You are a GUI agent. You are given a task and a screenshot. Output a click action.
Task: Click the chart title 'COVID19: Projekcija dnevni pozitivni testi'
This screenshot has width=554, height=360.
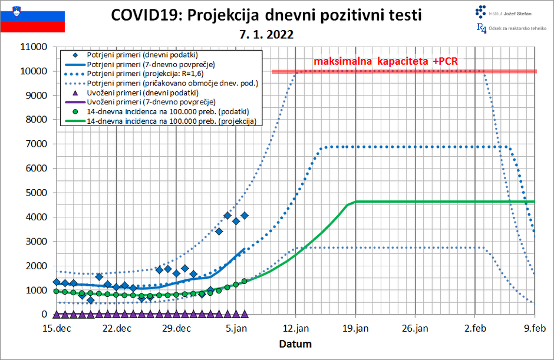click(266, 15)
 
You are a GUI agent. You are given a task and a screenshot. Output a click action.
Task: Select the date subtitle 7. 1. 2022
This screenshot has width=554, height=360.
click(266, 35)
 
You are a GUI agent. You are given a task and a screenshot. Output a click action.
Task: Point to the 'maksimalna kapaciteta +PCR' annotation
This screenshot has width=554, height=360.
click(385, 61)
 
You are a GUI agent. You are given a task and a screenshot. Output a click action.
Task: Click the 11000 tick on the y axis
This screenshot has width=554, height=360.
click(34, 47)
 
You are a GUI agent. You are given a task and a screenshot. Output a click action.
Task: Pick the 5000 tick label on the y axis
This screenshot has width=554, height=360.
click(36, 193)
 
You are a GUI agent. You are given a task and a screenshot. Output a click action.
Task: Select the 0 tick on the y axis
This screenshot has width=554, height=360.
click(44, 315)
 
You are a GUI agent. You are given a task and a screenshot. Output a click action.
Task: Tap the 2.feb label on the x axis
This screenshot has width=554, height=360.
click(475, 329)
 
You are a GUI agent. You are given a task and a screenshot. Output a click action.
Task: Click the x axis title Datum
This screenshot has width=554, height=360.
click(295, 344)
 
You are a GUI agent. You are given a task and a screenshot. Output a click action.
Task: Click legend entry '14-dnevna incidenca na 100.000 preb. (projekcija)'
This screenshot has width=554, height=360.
click(174, 121)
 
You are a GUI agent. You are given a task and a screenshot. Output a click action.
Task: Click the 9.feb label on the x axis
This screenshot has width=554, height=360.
click(535, 329)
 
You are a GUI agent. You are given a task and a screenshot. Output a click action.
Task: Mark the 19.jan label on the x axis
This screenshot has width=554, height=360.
click(355, 329)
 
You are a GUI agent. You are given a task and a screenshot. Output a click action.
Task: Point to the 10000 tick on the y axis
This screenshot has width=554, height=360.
click(34, 71)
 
